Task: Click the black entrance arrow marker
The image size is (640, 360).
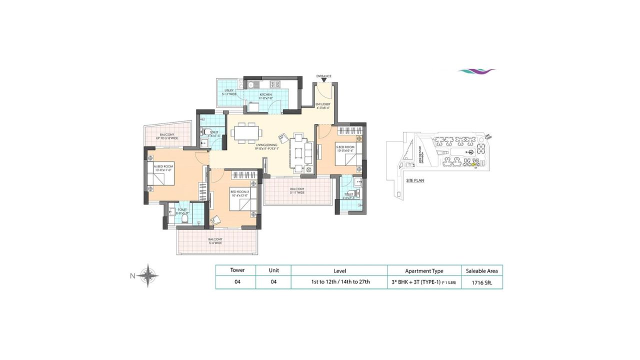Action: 324,79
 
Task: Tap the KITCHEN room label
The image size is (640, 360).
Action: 265,94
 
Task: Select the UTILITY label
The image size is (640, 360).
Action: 229,90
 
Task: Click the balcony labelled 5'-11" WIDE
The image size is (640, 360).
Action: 297,191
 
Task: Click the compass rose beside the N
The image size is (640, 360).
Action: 148,275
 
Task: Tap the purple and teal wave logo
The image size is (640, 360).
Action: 476,71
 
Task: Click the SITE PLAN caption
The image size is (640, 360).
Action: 415,180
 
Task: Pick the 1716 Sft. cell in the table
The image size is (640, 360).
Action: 481,282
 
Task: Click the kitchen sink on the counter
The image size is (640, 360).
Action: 253,84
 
